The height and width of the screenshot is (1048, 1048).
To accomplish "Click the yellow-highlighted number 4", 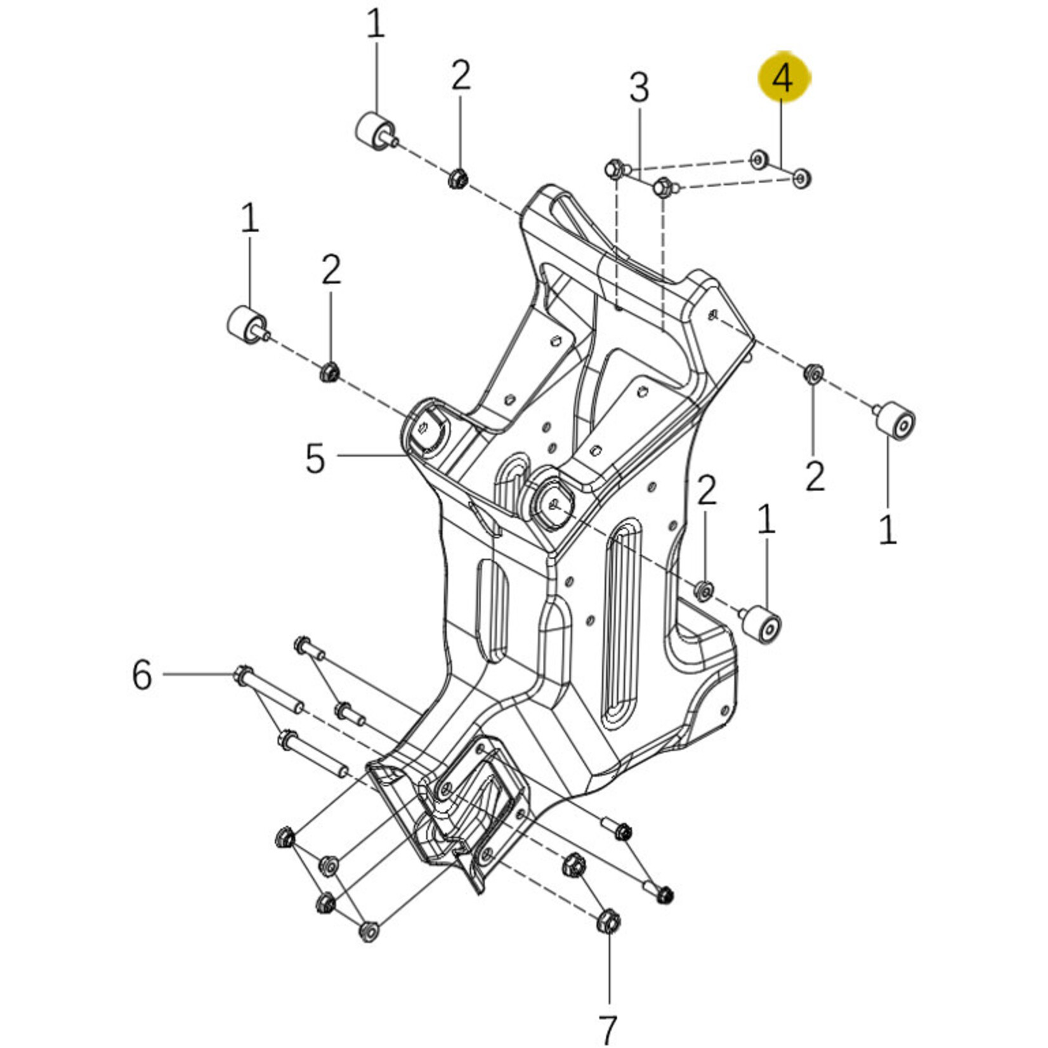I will click(x=784, y=79).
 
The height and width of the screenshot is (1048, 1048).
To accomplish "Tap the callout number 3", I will click(x=639, y=88).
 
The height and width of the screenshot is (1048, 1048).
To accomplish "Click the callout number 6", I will click(x=142, y=674).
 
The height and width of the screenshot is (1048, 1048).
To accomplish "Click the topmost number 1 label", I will click(x=376, y=25).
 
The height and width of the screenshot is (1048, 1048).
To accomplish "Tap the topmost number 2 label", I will click(x=461, y=75).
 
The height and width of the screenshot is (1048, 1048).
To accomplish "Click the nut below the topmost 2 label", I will click(x=457, y=178).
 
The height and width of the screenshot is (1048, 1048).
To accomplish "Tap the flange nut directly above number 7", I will click(x=608, y=921).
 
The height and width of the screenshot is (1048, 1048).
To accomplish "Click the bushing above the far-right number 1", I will click(x=896, y=420).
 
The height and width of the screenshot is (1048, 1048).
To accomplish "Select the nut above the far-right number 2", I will click(x=813, y=374).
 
